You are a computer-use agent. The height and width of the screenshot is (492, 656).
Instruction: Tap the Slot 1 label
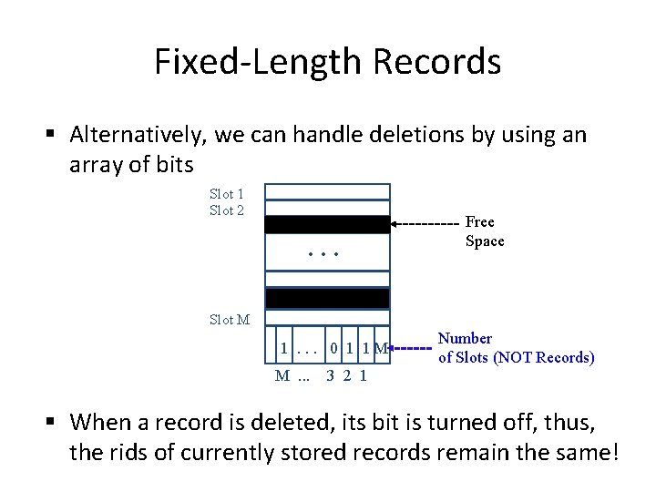click(227, 194)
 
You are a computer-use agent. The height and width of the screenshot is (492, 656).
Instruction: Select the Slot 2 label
click(227, 210)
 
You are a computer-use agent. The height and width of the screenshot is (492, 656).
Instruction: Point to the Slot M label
click(230, 320)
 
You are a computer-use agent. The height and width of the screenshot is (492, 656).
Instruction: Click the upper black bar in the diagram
click(327, 225)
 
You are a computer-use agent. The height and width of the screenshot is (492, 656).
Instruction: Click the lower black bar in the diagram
click(327, 298)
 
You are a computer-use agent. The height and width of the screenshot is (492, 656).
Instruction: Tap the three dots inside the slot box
click(323, 253)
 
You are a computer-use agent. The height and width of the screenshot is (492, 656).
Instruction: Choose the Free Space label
click(484, 231)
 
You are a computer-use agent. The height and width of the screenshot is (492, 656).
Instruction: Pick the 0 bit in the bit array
click(336, 348)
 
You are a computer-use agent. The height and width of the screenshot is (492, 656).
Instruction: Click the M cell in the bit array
click(381, 348)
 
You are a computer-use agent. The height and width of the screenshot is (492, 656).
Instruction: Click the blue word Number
click(465, 339)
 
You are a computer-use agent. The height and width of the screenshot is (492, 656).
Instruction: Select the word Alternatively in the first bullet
click(140, 136)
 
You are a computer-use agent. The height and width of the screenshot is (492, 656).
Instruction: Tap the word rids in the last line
click(118, 452)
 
